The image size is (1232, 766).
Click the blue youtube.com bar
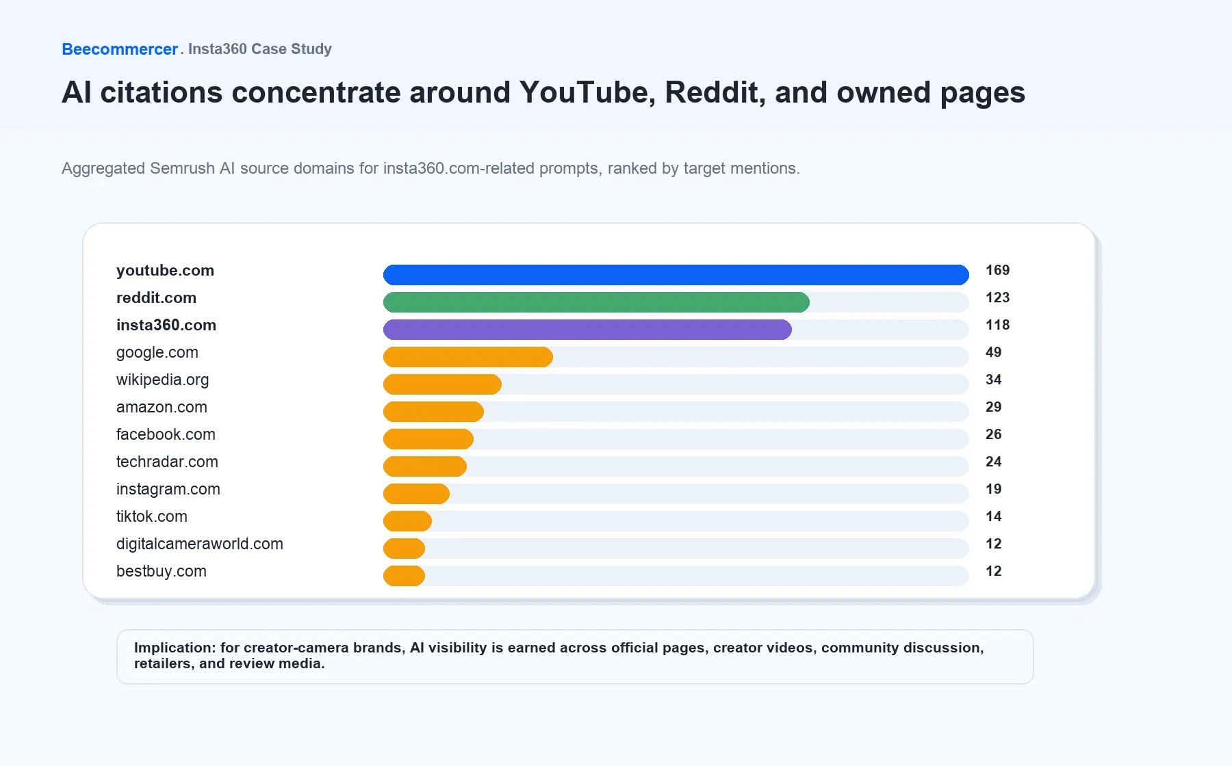click(x=676, y=275)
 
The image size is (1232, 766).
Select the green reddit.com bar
click(x=596, y=302)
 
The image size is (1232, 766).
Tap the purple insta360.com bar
click(x=587, y=330)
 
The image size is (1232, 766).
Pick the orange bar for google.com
click(x=468, y=357)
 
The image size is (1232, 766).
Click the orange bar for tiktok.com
click(x=407, y=521)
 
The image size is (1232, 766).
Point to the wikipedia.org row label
click(x=163, y=380)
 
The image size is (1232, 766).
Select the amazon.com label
click(x=162, y=407)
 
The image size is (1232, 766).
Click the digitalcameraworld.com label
click(x=200, y=544)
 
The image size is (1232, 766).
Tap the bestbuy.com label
click(x=162, y=572)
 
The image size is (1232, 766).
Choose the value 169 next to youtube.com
click(x=997, y=270)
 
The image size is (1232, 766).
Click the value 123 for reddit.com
click(x=997, y=298)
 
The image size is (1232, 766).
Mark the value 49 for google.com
click(x=993, y=352)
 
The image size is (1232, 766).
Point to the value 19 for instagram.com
click(x=993, y=489)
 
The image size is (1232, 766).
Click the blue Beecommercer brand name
click(x=120, y=49)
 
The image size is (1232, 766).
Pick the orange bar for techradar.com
click(x=425, y=466)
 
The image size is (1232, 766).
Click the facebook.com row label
click(x=166, y=434)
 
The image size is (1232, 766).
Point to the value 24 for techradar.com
click(x=993, y=462)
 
